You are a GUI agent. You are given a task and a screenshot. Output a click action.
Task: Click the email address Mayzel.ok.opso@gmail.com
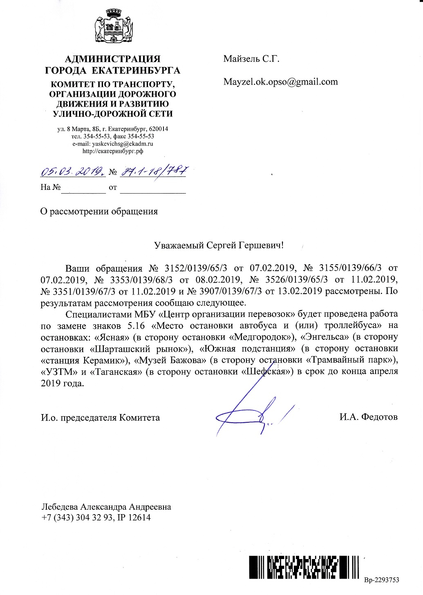(280, 81)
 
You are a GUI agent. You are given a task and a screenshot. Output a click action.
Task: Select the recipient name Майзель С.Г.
(251, 59)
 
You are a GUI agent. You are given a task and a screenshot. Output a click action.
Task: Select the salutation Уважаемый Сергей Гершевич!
(219, 245)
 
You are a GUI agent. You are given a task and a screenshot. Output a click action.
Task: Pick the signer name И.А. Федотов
(368, 417)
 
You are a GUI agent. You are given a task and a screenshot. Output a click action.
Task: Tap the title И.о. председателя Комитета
(101, 417)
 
